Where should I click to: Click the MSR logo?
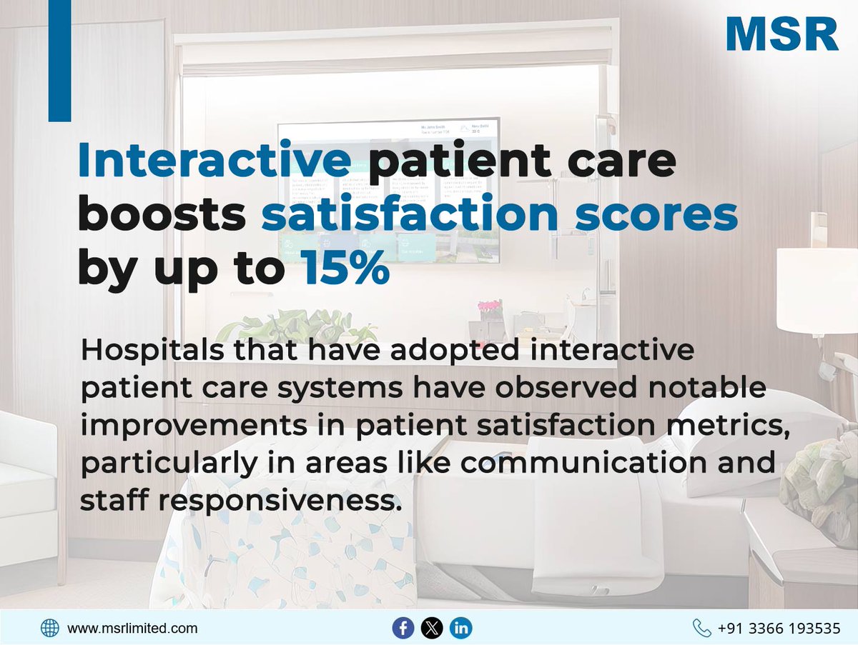pyautogui.click(x=781, y=34)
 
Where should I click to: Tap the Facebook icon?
pyautogui.click(x=403, y=629)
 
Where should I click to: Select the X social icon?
pyautogui.click(x=432, y=629)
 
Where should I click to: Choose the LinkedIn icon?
pyautogui.click(x=461, y=629)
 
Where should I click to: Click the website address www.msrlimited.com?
pyautogui.click(x=132, y=629)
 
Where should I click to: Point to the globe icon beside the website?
pyautogui.click(x=50, y=629)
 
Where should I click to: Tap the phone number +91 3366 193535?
pyautogui.click(x=779, y=629)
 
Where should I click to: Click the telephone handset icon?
pyautogui.click(x=702, y=629)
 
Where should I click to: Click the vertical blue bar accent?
pyautogui.click(x=59, y=61)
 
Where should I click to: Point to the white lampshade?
pyautogui.click(x=817, y=289)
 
